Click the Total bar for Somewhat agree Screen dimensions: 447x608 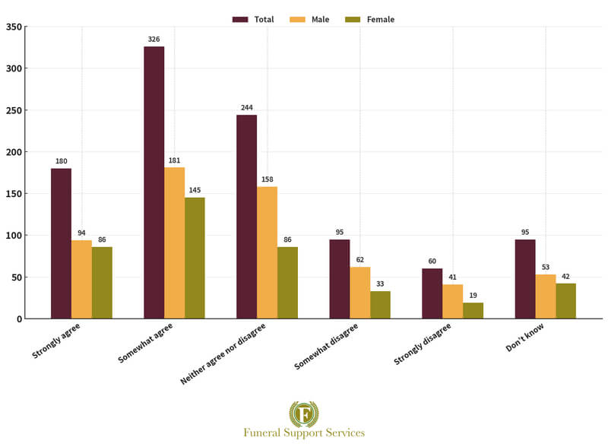click(154, 182)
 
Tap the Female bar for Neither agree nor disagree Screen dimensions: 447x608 click(287, 282)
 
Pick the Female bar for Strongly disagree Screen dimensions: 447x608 click(473, 310)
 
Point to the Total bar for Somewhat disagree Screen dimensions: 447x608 click(340, 279)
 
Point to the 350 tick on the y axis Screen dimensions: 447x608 click(14, 27)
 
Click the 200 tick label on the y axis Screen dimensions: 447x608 click(14, 152)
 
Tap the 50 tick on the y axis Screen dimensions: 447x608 click(16, 277)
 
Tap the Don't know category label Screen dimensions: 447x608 click(529, 338)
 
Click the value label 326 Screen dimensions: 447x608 click(154, 39)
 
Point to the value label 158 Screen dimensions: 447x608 click(267, 179)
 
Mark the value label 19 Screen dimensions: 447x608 click(473, 296)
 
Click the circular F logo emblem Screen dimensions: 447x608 click(304, 414)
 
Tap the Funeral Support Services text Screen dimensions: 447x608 click(304, 433)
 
